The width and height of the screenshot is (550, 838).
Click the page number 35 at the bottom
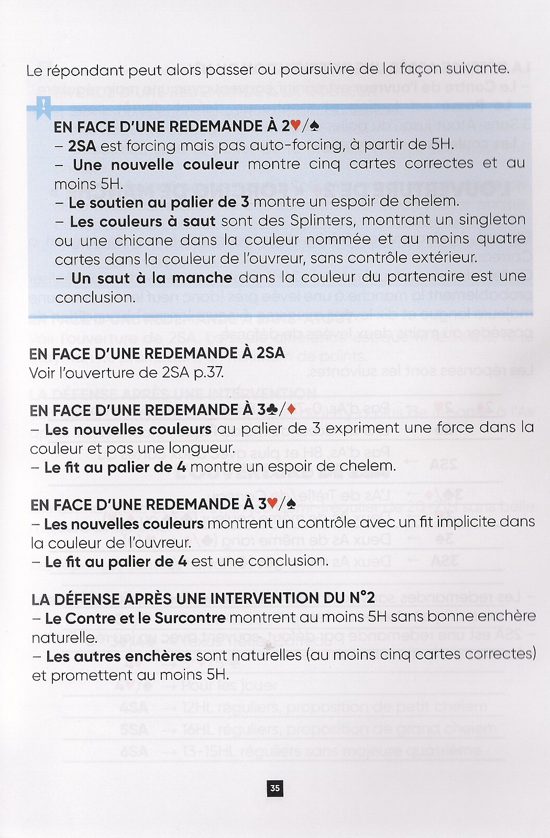[x=274, y=788]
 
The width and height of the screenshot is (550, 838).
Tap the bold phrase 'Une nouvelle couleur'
[x=156, y=164]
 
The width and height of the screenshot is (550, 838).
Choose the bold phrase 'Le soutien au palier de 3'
[x=159, y=202]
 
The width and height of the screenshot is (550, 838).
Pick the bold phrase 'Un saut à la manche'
[x=151, y=278]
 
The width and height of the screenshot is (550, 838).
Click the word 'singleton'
[x=493, y=219]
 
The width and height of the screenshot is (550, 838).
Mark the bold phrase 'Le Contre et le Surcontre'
[x=135, y=618]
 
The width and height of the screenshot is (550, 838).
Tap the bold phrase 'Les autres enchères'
[x=119, y=656]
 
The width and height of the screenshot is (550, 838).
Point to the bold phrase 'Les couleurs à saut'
[x=142, y=222]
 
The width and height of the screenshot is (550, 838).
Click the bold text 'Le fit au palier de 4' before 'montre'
[x=115, y=467]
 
